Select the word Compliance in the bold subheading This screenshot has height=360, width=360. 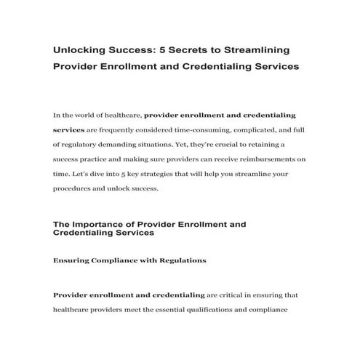click(111, 260)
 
